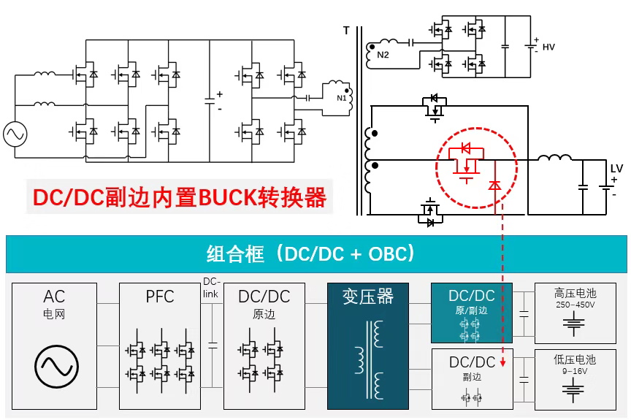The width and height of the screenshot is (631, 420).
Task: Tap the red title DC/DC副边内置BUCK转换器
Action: (179, 197)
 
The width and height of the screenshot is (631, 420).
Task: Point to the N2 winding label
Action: (383, 55)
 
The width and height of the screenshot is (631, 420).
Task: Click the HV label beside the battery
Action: (548, 47)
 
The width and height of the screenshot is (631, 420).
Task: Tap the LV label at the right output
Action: (616, 169)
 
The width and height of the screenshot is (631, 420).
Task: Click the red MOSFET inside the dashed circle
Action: (464, 162)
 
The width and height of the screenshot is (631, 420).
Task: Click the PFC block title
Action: (160, 297)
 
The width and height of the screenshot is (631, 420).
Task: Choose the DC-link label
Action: (212, 288)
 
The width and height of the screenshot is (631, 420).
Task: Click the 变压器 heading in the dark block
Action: (368, 297)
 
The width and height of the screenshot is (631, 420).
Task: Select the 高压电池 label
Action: (575, 294)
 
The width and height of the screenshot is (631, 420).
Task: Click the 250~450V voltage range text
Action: (575, 305)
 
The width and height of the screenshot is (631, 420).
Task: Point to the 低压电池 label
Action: (575, 359)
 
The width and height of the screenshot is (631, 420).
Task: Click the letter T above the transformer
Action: (345, 31)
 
